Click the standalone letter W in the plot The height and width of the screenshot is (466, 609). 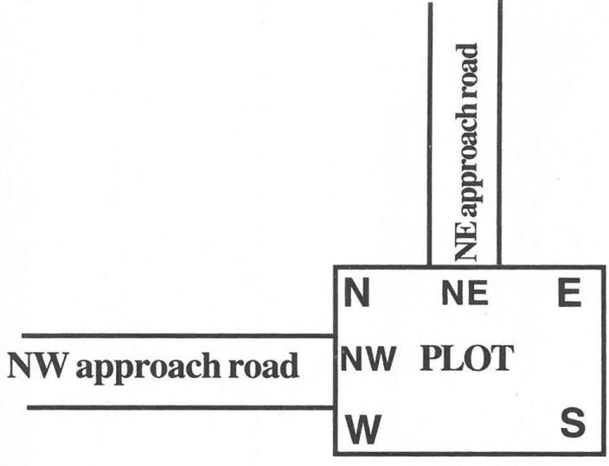coord(363,429)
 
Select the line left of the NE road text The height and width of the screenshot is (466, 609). coord(430,130)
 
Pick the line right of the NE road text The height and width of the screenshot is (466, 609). coord(500,130)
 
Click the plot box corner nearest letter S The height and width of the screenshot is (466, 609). coord(604,453)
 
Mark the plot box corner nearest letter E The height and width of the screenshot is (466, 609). coord(604,267)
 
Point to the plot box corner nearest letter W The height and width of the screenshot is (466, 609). coord(335,453)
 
